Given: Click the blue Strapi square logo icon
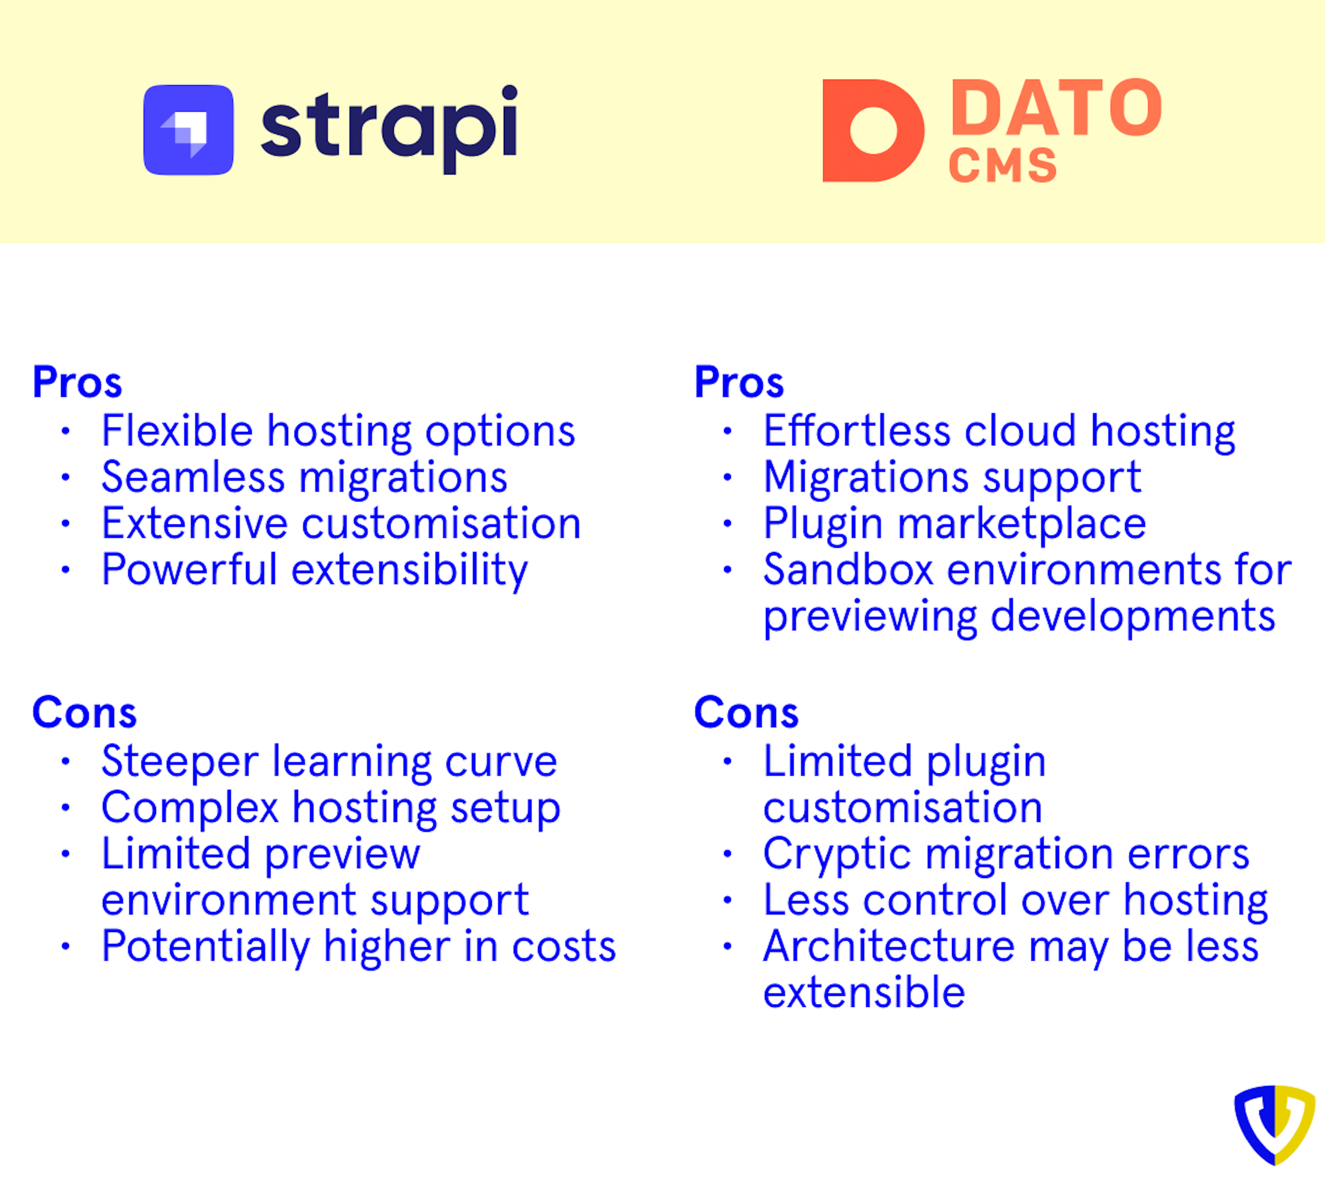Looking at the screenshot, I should click(188, 130).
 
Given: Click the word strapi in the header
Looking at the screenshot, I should click(389, 126).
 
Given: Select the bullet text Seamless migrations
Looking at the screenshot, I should click(304, 477).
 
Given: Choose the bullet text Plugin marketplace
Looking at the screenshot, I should click(954, 524).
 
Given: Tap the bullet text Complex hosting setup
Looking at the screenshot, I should click(331, 808).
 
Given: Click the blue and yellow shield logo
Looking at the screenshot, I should click(1274, 1124).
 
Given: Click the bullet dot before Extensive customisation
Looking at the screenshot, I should click(66, 524).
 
